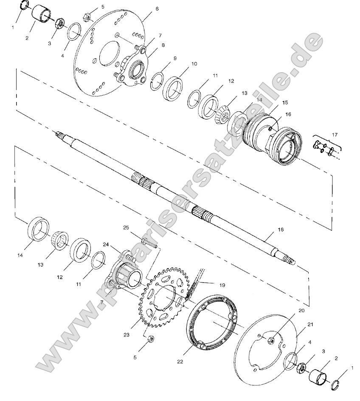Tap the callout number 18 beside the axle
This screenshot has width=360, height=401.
281,229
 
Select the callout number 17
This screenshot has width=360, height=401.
335,135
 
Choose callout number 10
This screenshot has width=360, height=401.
194,64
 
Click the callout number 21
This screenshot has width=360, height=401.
310,325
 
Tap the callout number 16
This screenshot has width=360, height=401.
288,114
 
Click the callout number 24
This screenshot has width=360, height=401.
106,244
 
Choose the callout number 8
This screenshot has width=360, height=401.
163,45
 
